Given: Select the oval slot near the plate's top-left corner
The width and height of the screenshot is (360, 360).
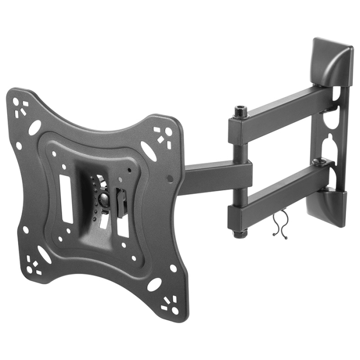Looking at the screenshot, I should click(34, 128).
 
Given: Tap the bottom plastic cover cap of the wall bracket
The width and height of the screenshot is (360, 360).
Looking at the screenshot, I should click(334, 206).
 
